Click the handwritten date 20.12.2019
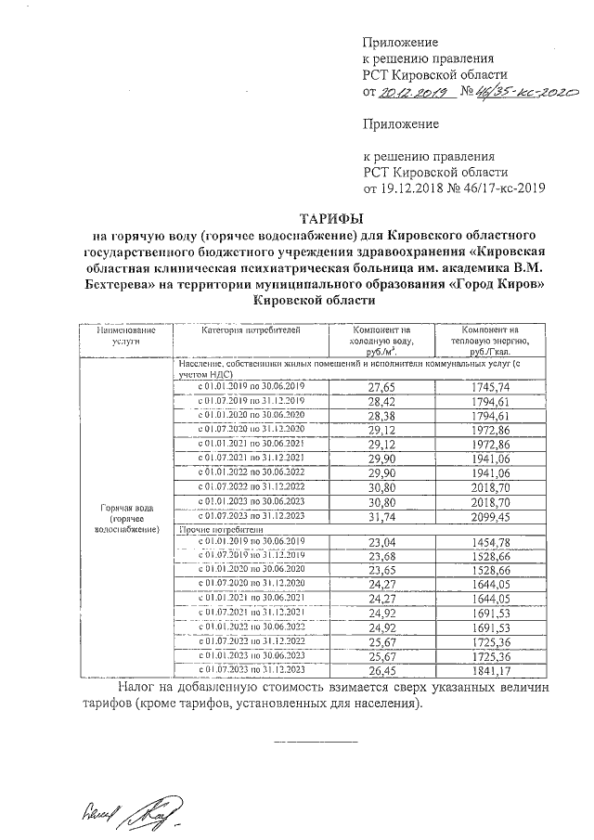414,93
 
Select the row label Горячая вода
127,510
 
